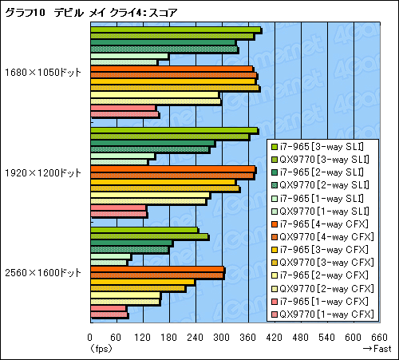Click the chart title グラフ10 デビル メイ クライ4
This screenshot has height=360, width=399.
pos(91,11)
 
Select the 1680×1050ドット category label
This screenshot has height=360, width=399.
pos(42,72)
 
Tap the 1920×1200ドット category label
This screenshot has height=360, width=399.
pos(42,172)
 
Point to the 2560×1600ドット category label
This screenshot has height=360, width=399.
pos(42,272)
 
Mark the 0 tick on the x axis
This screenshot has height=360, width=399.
pos(90,336)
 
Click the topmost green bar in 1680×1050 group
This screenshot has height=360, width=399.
pos(176,30)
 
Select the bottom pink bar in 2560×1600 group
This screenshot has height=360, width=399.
pos(109,315)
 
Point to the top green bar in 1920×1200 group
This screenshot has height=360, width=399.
pos(174,131)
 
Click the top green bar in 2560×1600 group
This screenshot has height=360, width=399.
pos(144,231)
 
